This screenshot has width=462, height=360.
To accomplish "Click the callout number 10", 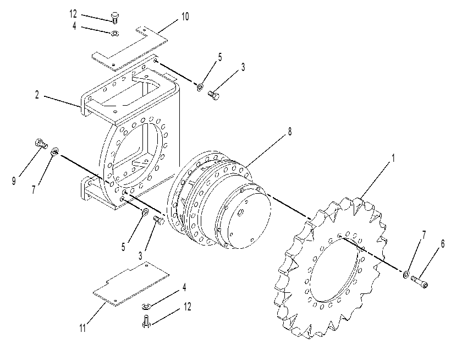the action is (185, 17).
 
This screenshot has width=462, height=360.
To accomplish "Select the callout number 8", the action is (290, 132).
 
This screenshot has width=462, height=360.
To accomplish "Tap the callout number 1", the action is (393, 158).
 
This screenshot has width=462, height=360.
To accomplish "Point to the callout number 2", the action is (37, 95).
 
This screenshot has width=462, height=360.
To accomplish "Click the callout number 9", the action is (14, 181).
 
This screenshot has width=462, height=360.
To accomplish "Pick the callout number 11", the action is (82, 328).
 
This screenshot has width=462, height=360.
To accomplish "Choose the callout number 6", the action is (442, 244).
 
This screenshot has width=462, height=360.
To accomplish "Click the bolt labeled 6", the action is (420, 281).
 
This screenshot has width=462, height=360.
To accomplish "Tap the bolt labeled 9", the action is (41, 144).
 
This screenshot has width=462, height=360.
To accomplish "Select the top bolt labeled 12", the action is (114, 18).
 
